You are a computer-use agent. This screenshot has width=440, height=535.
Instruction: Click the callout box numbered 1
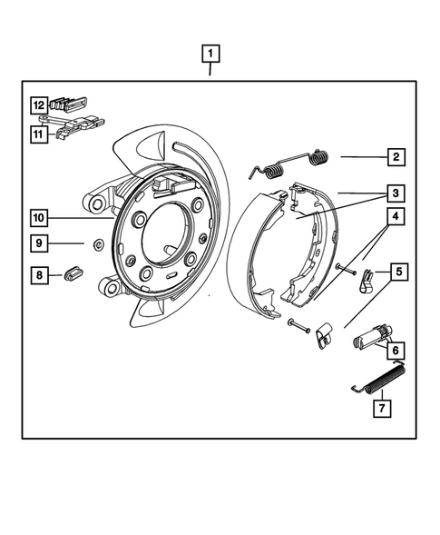pos(210,53)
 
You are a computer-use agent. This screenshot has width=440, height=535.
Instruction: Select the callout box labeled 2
pos(396,157)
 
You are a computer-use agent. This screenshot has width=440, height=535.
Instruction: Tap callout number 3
pos(396,193)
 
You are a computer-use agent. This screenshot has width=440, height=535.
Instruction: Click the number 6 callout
pos(396,349)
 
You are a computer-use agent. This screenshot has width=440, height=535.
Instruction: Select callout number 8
pos(40,273)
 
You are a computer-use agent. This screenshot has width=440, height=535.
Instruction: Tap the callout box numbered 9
pos(40,243)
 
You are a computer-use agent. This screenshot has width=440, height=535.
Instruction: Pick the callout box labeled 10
pos(40,218)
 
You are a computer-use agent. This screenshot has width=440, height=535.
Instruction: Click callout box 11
pos(40,134)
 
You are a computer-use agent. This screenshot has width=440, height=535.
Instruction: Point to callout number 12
pos(40,105)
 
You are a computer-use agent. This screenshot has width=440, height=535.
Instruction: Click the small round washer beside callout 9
pos(93,243)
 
